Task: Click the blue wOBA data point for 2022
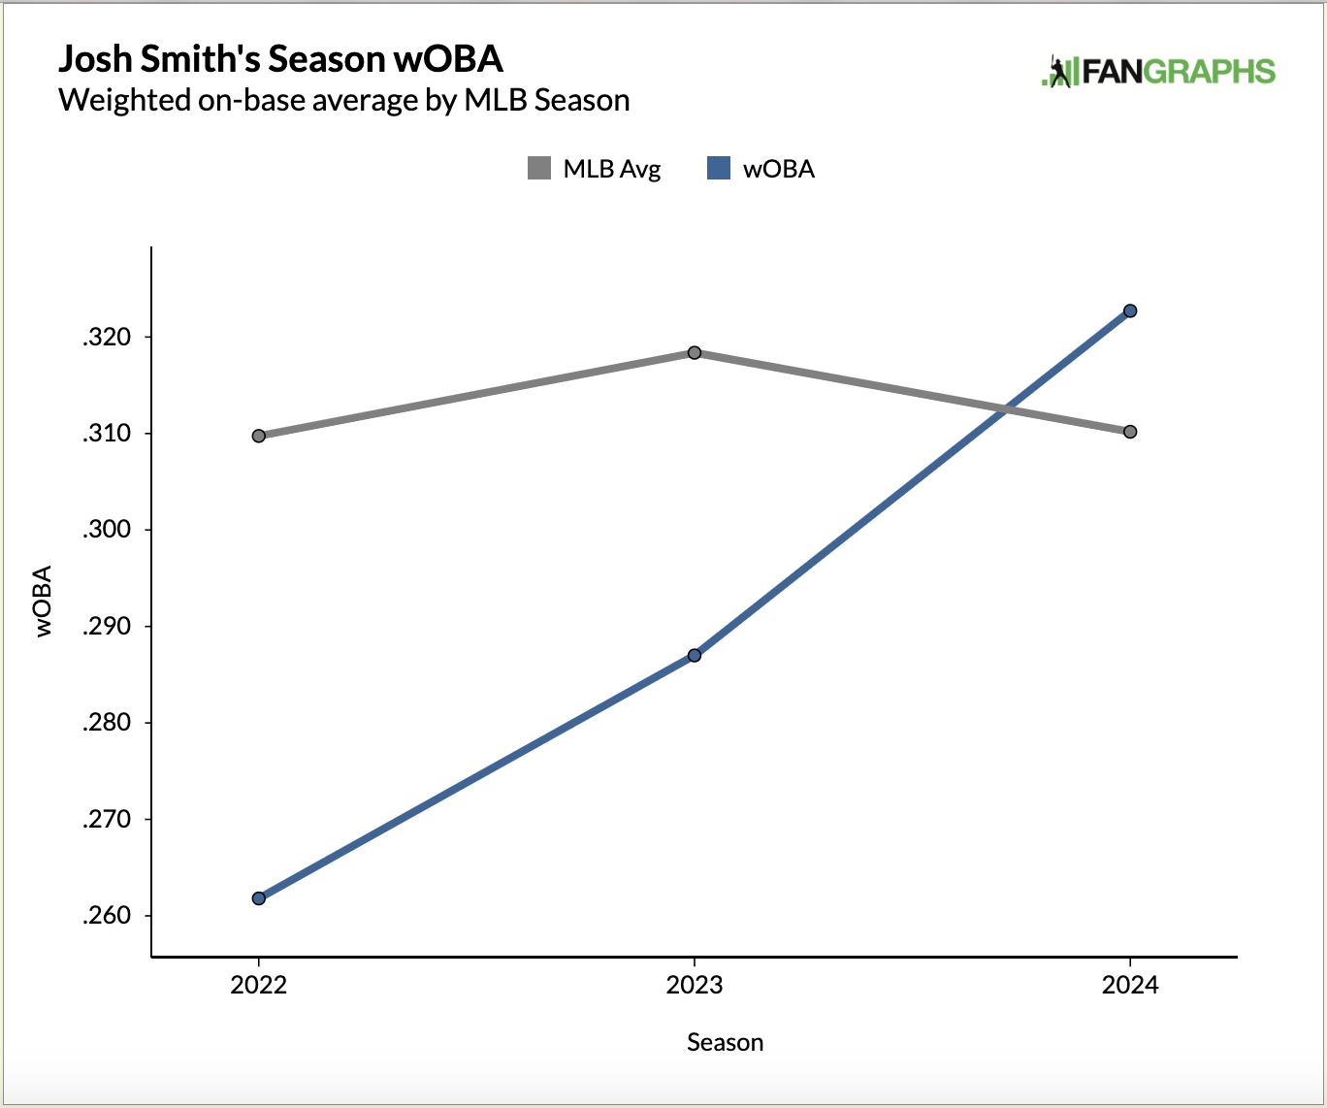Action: (x=259, y=898)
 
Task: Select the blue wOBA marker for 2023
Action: (x=695, y=656)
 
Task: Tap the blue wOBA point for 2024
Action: (x=1130, y=311)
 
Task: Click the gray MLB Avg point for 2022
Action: (x=259, y=436)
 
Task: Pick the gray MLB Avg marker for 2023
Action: (x=695, y=352)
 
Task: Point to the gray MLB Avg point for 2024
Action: (x=1130, y=432)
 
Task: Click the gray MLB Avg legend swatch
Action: (x=539, y=169)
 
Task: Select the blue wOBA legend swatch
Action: (x=719, y=169)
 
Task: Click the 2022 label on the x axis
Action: (x=259, y=986)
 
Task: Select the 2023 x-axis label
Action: (x=695, y=986)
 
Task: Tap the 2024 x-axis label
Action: (x=1130, y=986)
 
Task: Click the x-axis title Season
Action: (x=725, y=1043)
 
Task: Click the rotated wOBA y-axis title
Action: (x=44, y=601)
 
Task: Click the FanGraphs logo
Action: (x=1158, y=72)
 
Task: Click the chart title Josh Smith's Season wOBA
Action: (x=281, y=59)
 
